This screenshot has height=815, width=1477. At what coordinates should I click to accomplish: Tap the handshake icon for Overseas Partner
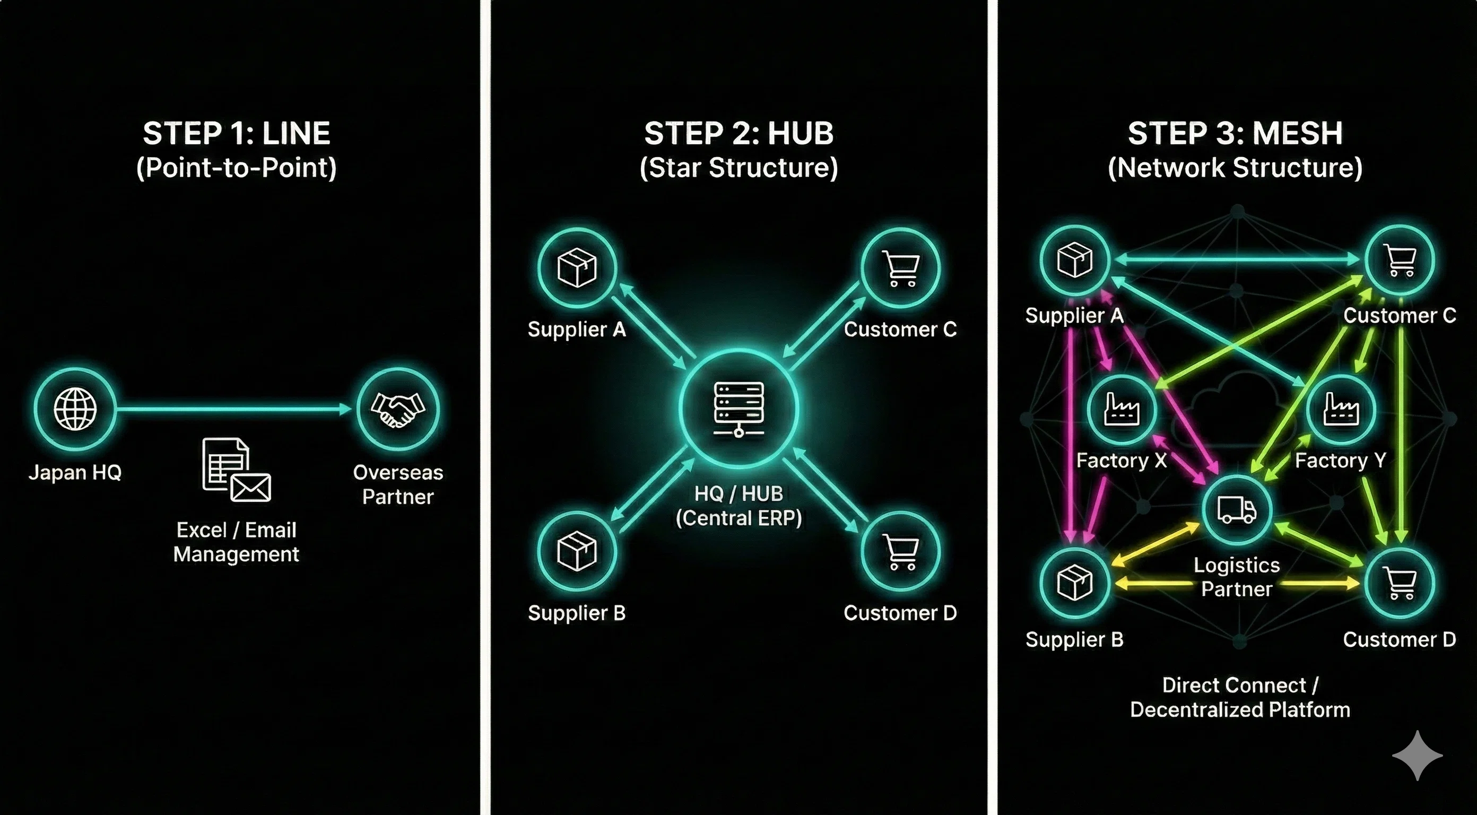pos(398,410)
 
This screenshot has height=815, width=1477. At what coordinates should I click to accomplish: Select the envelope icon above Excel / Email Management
pos(250,488)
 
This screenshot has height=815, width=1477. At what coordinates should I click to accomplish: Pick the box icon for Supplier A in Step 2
pos(577,267)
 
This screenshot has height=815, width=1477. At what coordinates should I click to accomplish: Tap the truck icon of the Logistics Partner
pos(1237,509)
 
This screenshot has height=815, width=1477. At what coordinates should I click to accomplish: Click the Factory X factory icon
pos(1122,409)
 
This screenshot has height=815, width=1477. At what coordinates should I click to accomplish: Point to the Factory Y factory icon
pos(1341,409)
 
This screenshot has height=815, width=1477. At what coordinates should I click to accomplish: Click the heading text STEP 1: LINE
pos(236,134)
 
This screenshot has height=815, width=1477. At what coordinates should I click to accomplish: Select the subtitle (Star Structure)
pos(738,168)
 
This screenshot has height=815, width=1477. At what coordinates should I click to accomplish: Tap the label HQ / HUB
pos(738,493)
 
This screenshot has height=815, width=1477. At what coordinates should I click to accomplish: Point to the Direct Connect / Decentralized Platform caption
pos(1240,697)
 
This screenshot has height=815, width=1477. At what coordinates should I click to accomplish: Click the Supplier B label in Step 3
pos(1074,639)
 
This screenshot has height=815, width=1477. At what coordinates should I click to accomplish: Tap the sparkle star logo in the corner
pos(1418,756)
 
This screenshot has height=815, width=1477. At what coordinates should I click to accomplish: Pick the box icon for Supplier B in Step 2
pos(577,551)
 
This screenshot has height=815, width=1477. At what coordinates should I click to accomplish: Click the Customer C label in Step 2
pos(900,329)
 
